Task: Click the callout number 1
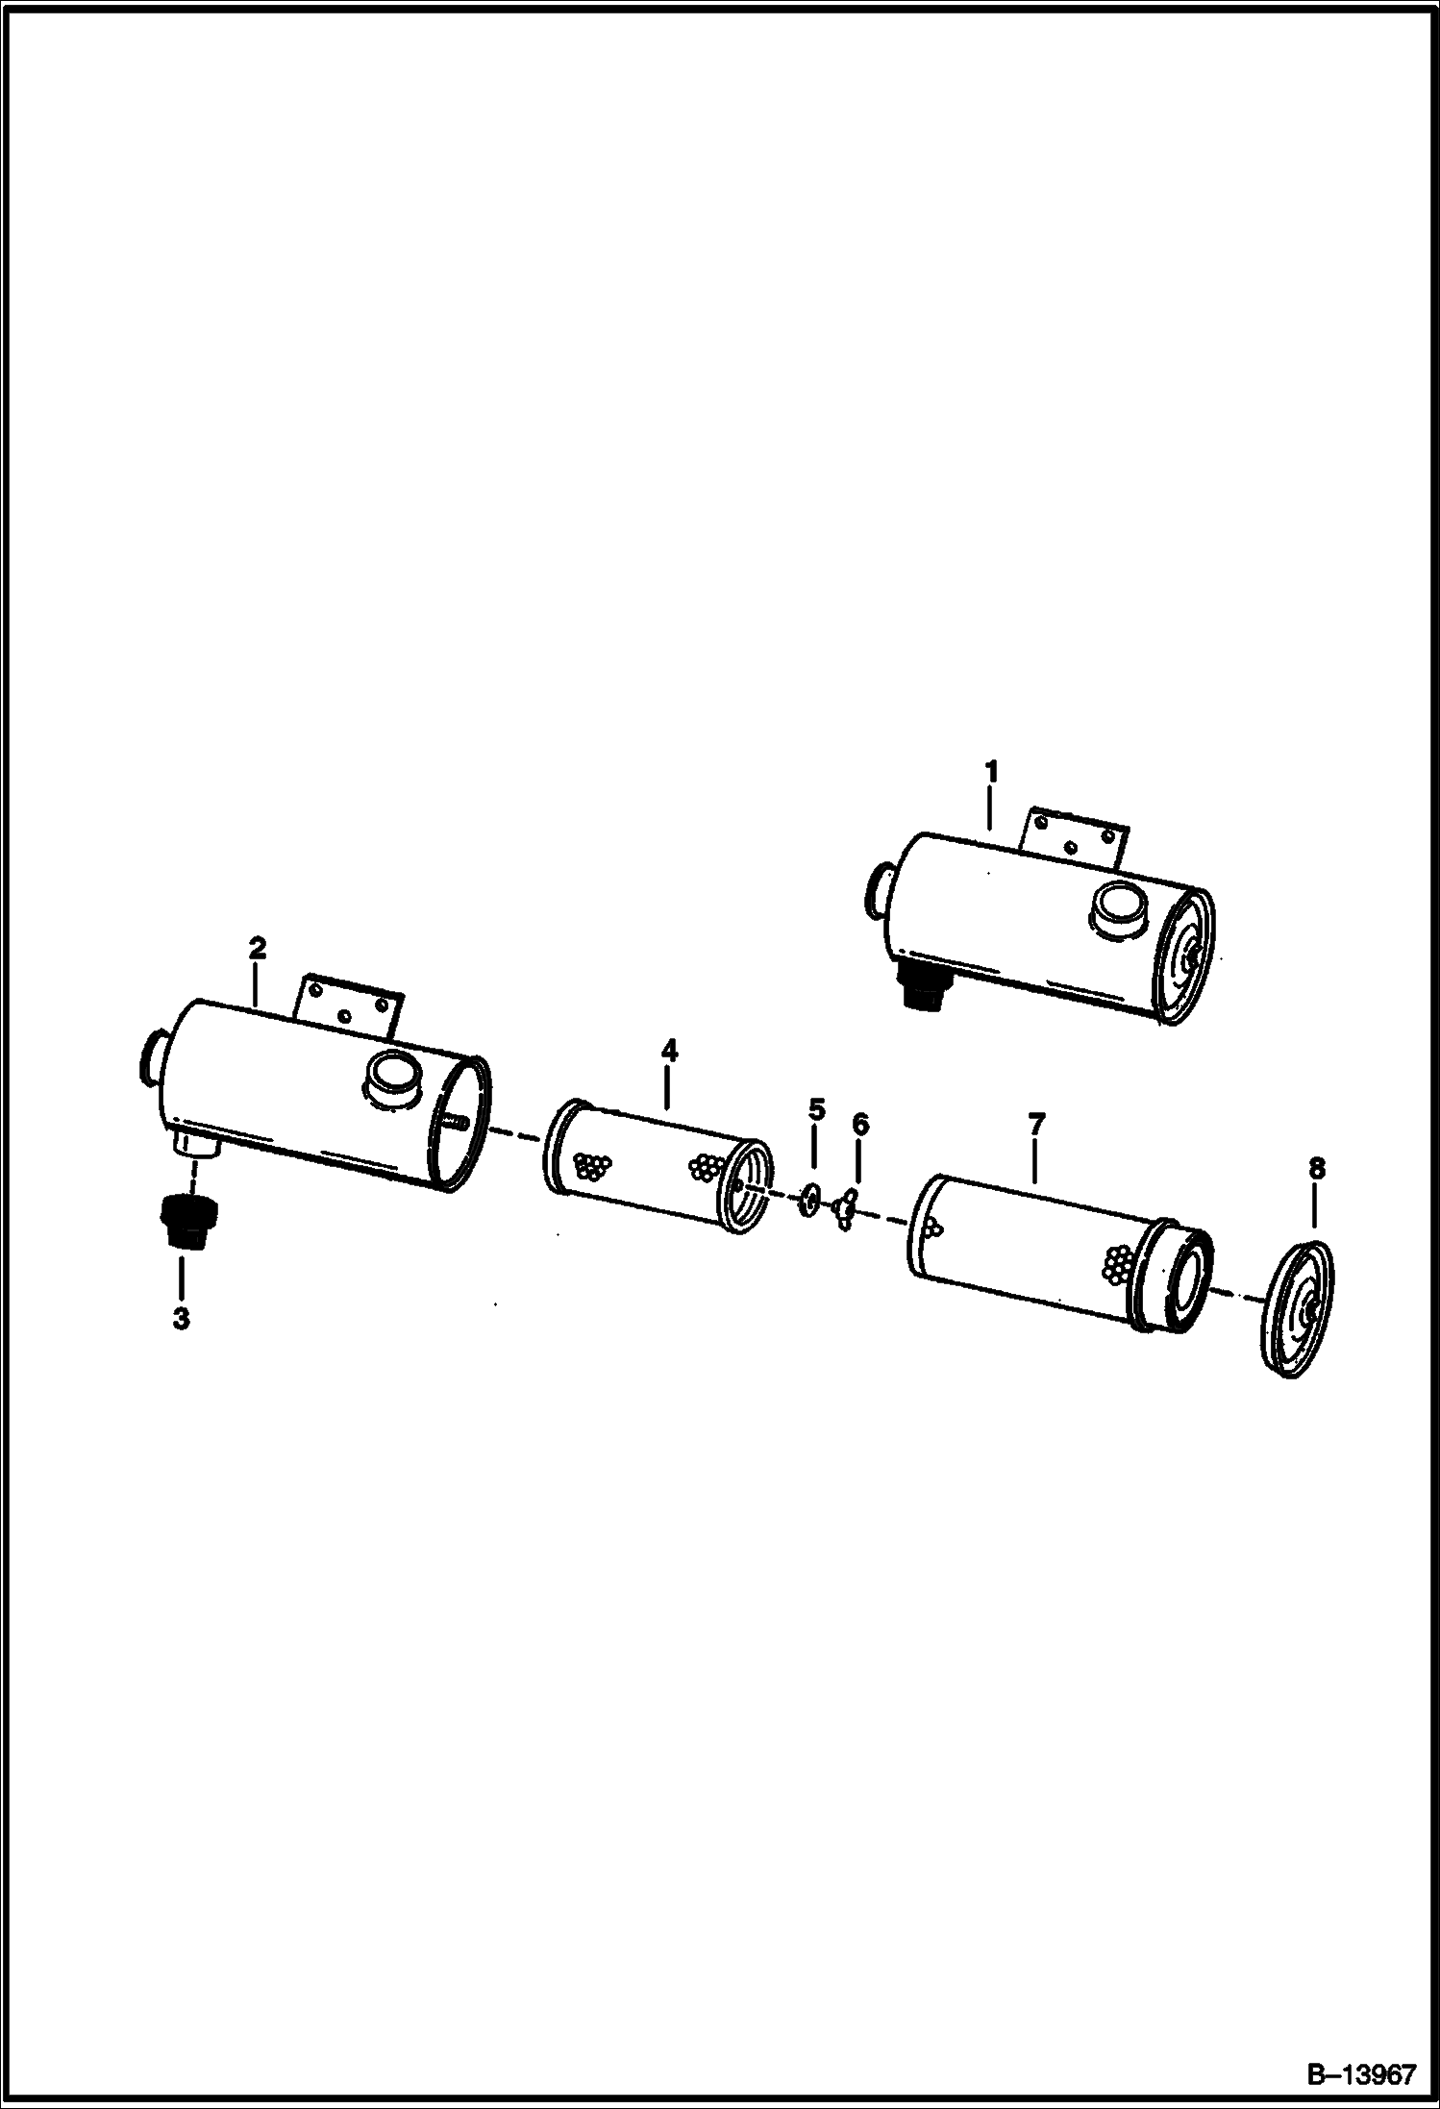point(991,772)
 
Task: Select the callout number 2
point(257,948)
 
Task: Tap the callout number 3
point(181,1318)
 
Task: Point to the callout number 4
point(669,1051)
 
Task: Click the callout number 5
point(816,1110)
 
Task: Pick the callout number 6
point(859,1124)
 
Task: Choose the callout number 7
point(1036,1123)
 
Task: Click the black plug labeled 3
point(186,1221)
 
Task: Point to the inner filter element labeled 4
point(658,1166)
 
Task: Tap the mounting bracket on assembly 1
point(1073,838)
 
